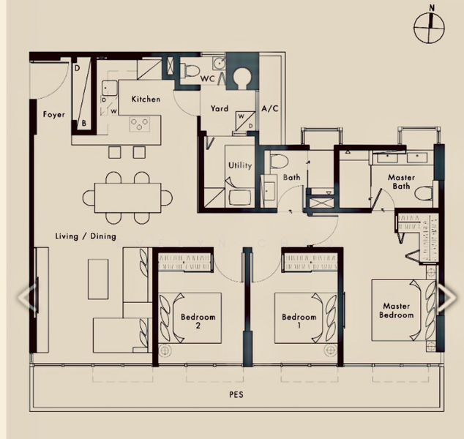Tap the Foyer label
point(53,115)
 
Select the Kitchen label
point(146,100)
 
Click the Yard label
point(220,108)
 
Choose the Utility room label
point(239,165)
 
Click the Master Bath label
point(401,181)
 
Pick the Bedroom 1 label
point(299,321)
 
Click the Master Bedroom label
point(396,310)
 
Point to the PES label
point(236,395)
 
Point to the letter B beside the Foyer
point(84,124)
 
